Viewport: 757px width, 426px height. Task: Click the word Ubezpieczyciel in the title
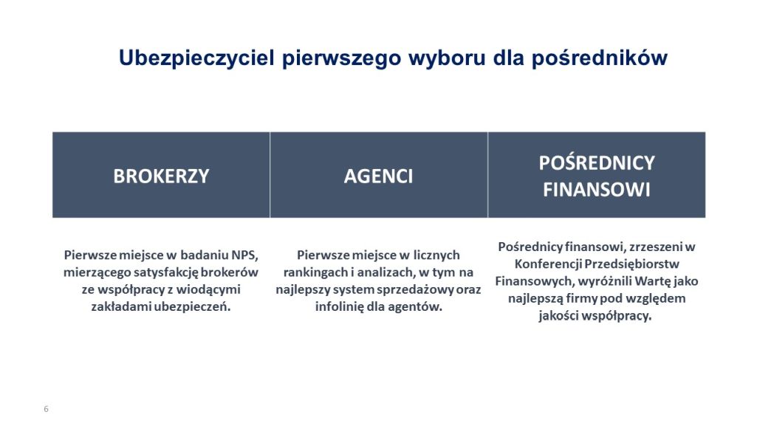(x=196, y=58)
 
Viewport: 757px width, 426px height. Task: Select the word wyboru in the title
(x=447, y=58)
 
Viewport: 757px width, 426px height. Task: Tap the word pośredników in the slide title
(x=600, y=58)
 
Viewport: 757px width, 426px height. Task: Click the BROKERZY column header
(x=161, y=176)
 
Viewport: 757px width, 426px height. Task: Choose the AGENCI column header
(x=378, y=176)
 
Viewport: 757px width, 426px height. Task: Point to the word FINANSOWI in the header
(x=597, y=190)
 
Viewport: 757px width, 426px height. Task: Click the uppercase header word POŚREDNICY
(x=597, y=162)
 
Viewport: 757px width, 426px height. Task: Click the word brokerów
(x=230, y=272)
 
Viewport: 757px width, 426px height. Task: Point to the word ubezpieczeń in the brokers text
(x=192, y=307)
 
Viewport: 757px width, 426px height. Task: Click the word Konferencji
(x=548, y=264)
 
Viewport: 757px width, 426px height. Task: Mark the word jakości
(x=558, y=316)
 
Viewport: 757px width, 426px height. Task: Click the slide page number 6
(x=47, y=409)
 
